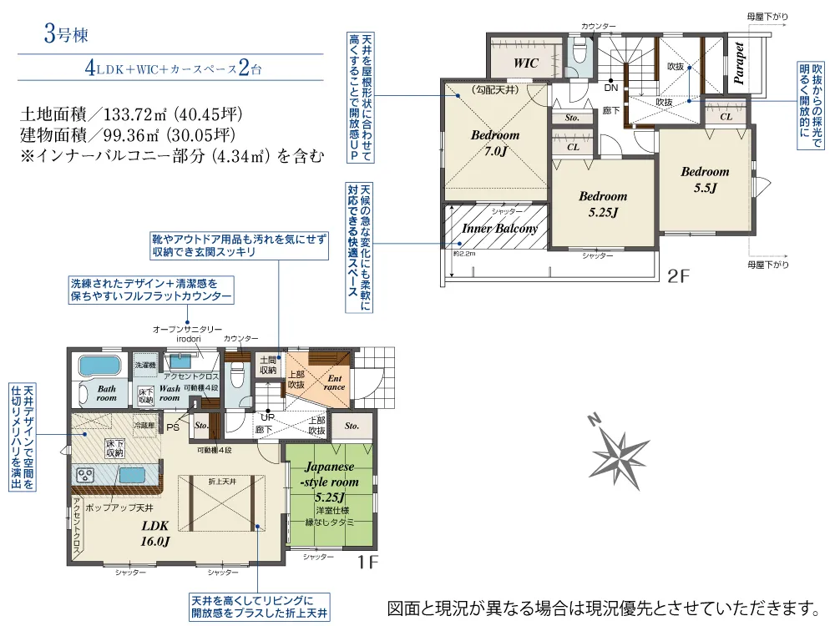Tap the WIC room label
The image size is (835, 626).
point(526,63)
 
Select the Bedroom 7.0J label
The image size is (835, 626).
point(494,143)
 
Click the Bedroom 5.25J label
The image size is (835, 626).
point(603,204)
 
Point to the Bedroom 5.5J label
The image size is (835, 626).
point(705,179)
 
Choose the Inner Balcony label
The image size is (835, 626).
point(500,227)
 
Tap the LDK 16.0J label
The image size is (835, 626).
point(155,533)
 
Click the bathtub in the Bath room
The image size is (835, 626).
point(100,366)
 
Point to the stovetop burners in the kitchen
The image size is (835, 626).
point(86,474)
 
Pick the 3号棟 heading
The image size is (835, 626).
point(66,35)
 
